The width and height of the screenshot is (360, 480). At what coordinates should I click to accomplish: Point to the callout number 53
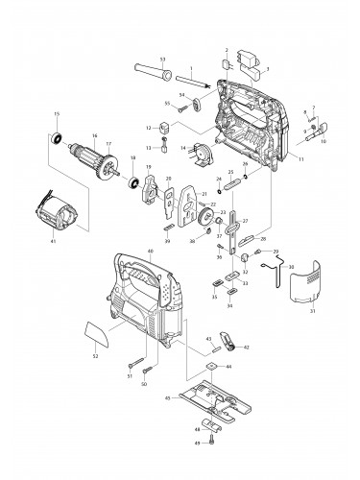point(161,60)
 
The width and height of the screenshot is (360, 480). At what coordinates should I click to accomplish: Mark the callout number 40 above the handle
point(151,252)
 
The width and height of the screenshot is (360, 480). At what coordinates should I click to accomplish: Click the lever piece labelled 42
point(228,338)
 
